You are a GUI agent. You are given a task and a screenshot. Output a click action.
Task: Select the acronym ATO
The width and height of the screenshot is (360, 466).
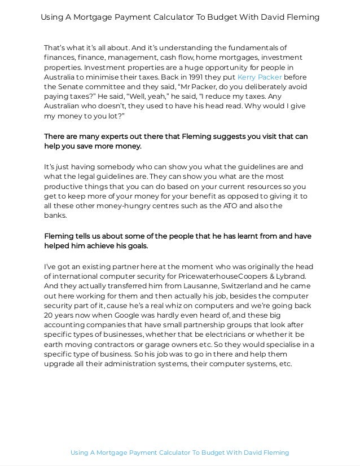pos(233,206)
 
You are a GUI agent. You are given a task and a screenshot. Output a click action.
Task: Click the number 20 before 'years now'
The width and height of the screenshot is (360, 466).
pos(49,316)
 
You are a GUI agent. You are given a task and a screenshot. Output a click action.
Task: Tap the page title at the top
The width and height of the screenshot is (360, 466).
pos(180,17)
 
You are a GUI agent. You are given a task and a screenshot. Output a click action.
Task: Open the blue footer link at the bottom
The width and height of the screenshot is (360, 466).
pos(180,452)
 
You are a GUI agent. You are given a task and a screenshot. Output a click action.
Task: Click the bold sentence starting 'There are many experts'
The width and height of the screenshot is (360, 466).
pos(176,142)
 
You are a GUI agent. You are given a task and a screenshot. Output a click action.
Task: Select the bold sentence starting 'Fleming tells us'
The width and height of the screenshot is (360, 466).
pos(178,241)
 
